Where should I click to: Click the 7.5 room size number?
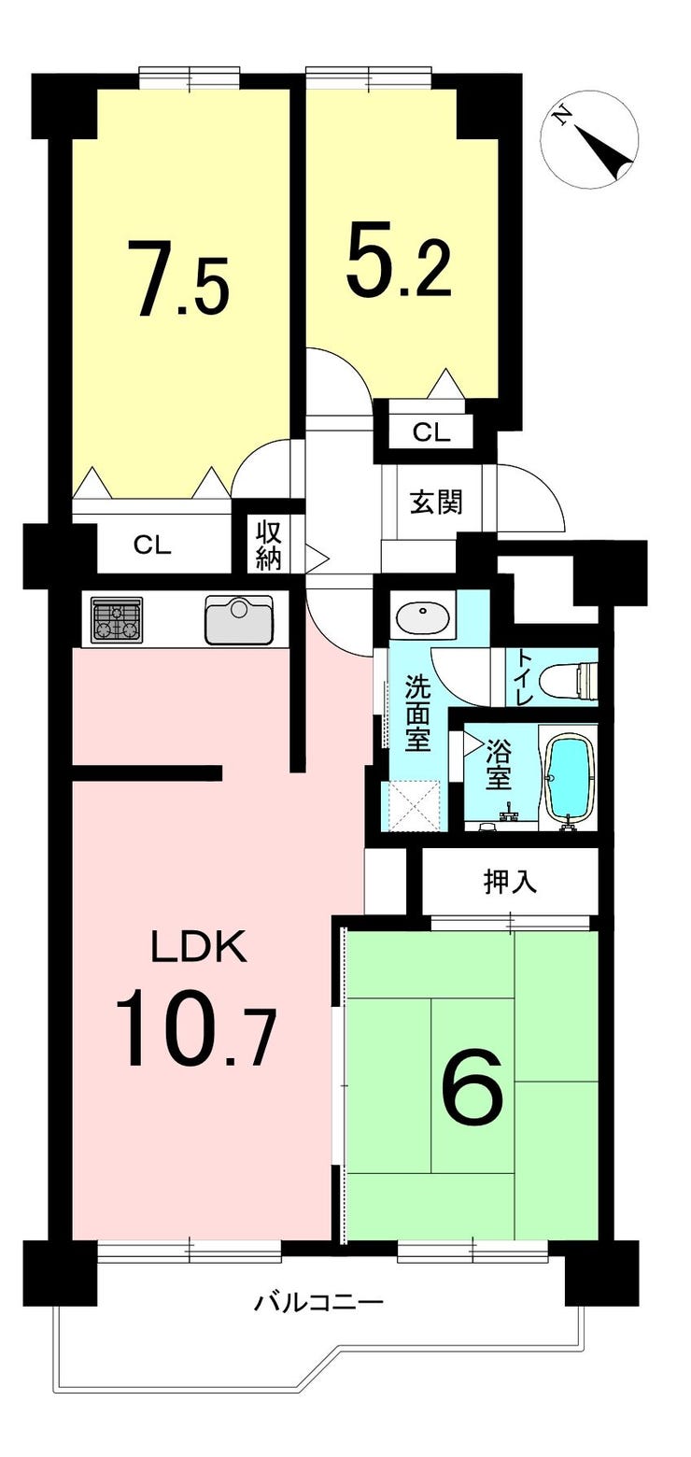click(178, 278)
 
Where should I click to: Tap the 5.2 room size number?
click(398, 259)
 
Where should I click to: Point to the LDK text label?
click(199, 948)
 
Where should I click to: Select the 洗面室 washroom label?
click(418, 714)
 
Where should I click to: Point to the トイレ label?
click(525, 678)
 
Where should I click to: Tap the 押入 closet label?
click(510, 882)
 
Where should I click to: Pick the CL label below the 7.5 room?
click(152, 545)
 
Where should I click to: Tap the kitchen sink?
click(239, 620)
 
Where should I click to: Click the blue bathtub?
click(571, 780)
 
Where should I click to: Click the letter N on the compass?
click(561, 117)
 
